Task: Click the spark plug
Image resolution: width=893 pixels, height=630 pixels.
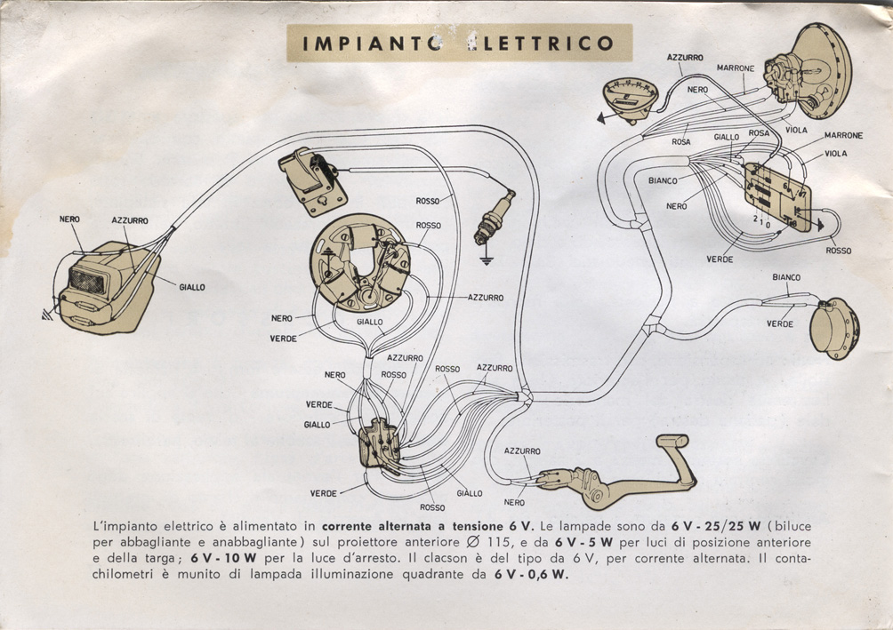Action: pos(495,216)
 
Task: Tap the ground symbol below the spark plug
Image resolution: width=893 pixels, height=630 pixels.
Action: pos(486,259)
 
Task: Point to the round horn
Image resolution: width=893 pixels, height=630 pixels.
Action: pos(834,328)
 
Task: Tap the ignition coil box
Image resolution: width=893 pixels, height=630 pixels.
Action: pos(311,180)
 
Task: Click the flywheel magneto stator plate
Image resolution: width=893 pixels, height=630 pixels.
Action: pos(362,264)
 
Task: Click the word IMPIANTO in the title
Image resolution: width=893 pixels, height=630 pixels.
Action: pos(361,43)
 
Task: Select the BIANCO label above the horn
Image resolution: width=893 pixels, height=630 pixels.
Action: pos(786,277)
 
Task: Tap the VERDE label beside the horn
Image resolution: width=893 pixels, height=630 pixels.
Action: pos(779,324)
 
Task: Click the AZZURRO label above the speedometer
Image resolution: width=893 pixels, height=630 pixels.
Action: pos(685,57)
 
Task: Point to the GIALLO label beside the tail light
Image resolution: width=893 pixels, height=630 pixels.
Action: pos(191,287)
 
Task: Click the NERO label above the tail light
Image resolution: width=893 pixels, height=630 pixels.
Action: pos(69,219)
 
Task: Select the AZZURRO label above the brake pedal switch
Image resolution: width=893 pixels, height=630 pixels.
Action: pos(522,451)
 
